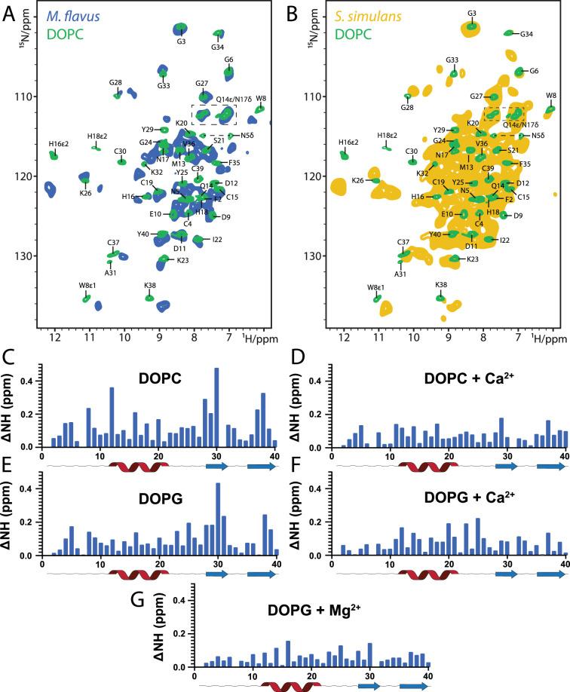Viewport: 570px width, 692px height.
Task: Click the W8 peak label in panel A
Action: click(x=261, y=98)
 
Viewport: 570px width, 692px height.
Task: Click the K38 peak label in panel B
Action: click(x=440, y=285)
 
